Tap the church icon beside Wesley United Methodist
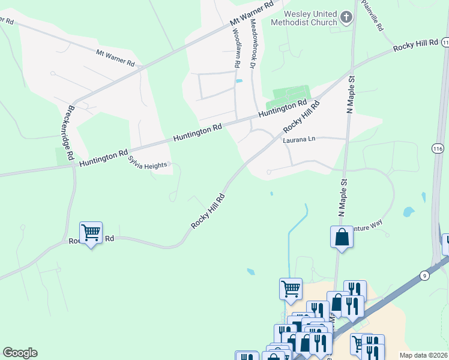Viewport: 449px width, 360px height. [x=346, y=18]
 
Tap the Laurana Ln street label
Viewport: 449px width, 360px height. [x=299, y=140]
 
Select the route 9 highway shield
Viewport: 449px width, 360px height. [x=425, y=275]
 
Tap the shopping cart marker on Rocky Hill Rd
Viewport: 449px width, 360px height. [x=91, y=233]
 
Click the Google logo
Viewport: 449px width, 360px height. [x=20, y=353]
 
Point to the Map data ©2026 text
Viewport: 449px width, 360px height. [x=423, y=355]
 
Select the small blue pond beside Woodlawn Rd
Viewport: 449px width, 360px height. [x=240, y=81]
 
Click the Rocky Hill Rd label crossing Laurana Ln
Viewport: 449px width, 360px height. [x=301, y=116]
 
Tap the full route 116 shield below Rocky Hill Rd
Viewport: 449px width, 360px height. [x=437, y=148]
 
